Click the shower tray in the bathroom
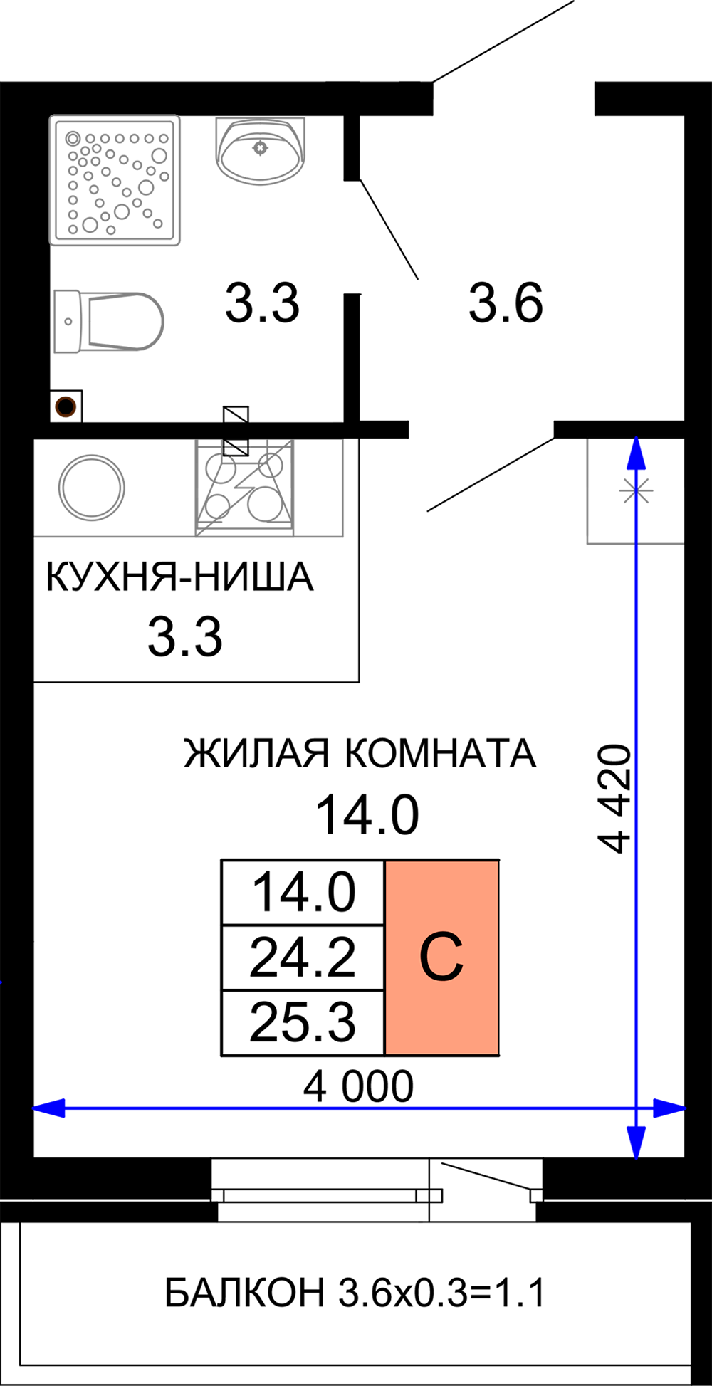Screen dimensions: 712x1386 [115, 180]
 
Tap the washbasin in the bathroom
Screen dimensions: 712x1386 [261, 150]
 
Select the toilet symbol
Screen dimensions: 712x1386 [109, 321]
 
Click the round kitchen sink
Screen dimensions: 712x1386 [91, 488]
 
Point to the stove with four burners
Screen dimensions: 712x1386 [244, 488]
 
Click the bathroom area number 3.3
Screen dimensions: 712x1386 [262, 303]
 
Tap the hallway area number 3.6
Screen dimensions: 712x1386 [506, 303]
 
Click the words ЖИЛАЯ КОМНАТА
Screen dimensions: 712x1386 [360, 753]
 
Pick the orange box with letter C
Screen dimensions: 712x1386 [441, 957]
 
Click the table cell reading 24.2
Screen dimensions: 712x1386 [303, 957]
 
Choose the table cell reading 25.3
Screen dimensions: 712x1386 [303, 1022]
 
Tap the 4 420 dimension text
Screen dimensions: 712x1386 [614, 798]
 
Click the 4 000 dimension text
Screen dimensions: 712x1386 [358, 1086]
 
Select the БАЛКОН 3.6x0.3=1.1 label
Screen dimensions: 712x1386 [355, 1293]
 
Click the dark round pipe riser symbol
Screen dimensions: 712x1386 [66, 407]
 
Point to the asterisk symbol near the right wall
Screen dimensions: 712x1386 [636, 490]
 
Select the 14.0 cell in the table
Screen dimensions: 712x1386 [303, 893]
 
